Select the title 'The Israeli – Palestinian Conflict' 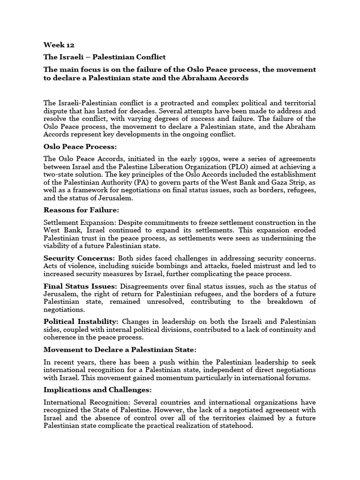105,57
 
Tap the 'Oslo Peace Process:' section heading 79,147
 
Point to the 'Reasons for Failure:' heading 81,210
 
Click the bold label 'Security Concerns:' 79,258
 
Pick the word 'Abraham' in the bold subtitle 193,78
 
